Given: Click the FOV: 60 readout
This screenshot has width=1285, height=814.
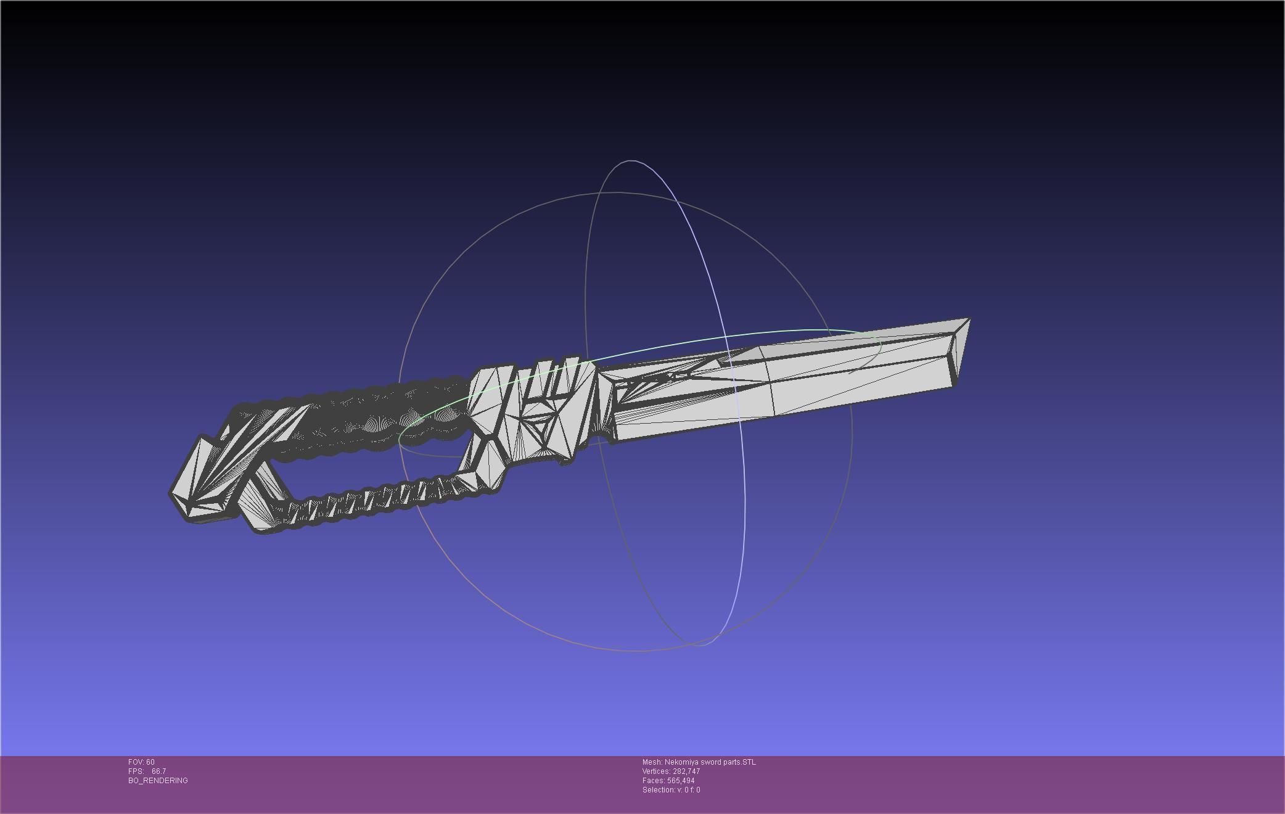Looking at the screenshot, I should (x=141, y=762).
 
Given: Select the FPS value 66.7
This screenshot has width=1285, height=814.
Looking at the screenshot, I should (x=158, y=771).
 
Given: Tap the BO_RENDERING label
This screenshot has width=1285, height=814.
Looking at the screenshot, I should (x=158, y=781).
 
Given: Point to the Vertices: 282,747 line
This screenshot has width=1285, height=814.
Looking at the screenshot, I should (x=671, y=771).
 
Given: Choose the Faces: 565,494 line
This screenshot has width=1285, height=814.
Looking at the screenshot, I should (x=668, y=781).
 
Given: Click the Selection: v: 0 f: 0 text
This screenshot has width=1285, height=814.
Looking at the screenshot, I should (x=671, y=790).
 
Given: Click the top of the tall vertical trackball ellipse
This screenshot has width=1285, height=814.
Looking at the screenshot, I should (x=631, y=161).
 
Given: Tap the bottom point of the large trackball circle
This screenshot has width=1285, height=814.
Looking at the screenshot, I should (x=635, y=651).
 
